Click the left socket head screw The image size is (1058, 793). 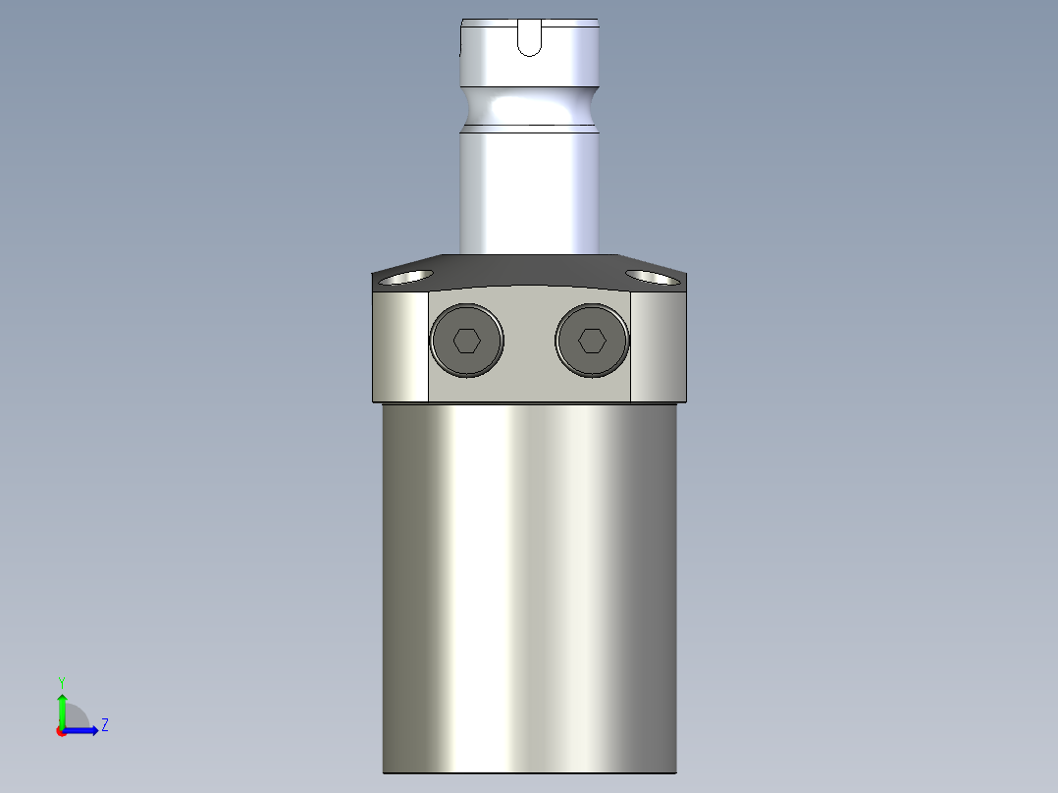pos(467,341)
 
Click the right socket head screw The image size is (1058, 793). pos(591,341)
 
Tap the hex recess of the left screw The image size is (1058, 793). pos(467,341)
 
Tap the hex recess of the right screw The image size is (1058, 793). pos(591,341)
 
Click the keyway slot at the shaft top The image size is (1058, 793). pos(529,39)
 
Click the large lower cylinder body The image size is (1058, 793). pos(529,589)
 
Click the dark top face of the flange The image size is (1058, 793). pos(529,269)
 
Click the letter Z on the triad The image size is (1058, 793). pos(104,725)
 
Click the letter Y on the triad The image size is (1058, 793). pos(62,681)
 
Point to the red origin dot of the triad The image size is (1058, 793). pos(61,731)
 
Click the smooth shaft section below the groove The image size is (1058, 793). pos(529,186)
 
